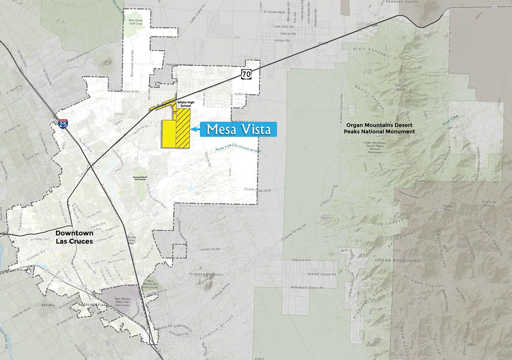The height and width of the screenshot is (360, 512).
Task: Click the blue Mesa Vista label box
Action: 238,130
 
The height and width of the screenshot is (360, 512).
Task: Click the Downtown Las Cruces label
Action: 74,237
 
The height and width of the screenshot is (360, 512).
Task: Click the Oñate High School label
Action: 186,104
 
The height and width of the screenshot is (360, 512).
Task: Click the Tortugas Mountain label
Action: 208,274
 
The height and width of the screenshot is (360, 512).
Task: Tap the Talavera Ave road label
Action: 301,260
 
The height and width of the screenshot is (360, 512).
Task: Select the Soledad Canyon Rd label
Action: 322,274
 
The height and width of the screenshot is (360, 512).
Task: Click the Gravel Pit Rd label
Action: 210,249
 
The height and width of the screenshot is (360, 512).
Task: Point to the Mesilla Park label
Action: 94,304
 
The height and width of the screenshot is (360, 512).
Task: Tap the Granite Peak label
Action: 489,204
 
